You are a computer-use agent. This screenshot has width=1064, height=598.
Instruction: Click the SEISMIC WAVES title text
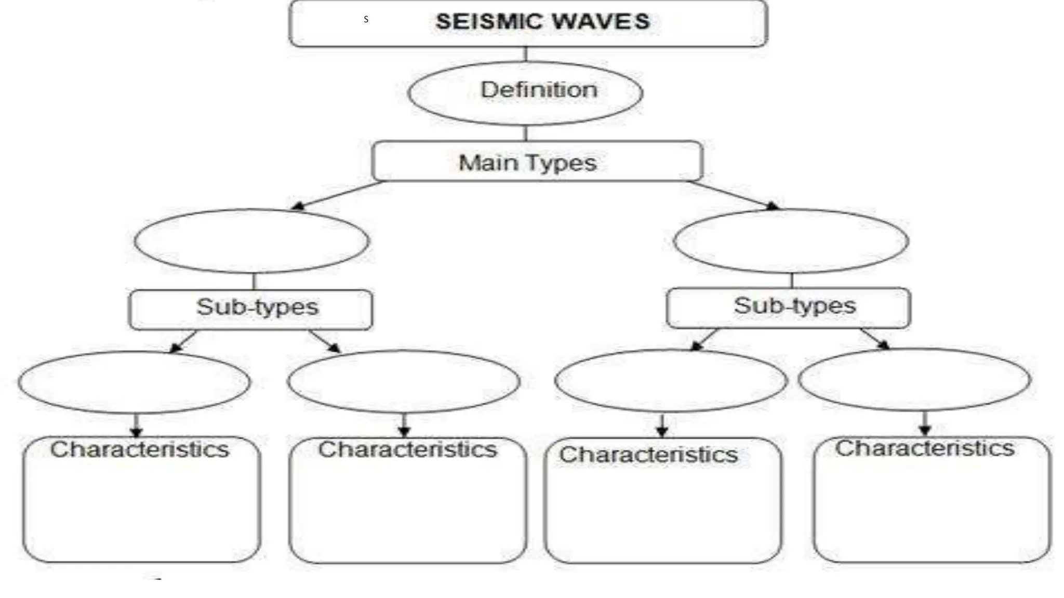[x=542, y=22]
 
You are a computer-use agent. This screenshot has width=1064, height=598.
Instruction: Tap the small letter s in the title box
[x=366, y=19]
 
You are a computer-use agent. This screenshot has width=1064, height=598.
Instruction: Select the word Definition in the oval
[x=539, y=90]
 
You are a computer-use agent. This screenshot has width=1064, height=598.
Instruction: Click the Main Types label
[x=527, y=163]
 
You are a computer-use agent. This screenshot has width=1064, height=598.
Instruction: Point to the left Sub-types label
[x=257, y=307]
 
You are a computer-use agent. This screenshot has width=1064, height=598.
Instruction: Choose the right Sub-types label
[x=794, y=306]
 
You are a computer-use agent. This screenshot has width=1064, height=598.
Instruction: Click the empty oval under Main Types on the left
[x=252, y=241]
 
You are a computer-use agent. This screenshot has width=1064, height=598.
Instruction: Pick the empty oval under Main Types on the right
[x=791, y=241]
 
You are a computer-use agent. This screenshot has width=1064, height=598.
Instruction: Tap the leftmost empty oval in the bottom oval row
[x=134, y=382]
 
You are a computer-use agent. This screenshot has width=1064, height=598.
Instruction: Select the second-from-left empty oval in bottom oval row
[x=404, y=381]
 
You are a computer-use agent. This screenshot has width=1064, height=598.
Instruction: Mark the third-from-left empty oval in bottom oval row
[x=671, y=380]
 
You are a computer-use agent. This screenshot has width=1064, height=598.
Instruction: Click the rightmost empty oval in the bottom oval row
[x=914, y=379]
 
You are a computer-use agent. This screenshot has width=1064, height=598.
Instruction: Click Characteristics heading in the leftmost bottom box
[x=139, y=450]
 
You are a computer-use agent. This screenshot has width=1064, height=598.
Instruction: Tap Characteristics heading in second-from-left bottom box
[x=407, y=450]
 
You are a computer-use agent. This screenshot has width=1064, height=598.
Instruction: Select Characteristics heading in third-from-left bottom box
[x=648, y=455]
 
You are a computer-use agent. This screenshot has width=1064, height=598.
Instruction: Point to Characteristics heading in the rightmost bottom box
[x=925, y=448]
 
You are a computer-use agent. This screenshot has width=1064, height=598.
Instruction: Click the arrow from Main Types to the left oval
[x=338, y=195]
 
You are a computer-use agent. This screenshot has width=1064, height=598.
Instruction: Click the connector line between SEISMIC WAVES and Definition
[x=526, y=55]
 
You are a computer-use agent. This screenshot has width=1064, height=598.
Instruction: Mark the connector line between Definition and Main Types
[x=526, y=133]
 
